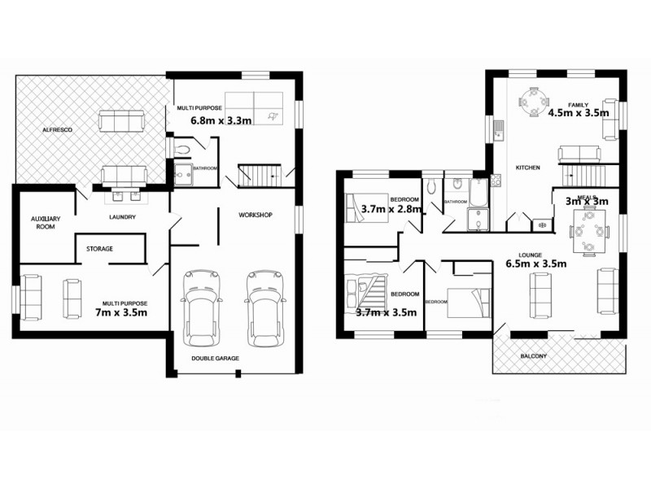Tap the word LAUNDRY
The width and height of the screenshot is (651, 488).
[122, 217]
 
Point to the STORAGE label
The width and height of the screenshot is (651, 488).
[99, 249]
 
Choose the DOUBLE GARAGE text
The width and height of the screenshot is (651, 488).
[216, 358]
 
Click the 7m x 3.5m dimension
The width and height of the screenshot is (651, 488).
[120, 312]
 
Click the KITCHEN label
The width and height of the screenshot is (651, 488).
[528, 168]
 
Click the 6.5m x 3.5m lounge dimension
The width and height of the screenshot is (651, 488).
[535, 263]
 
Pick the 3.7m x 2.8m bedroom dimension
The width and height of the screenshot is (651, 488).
[391, 210]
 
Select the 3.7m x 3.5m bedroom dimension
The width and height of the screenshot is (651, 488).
[387, 312]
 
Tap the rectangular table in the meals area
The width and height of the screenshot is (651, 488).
[588, 229]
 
